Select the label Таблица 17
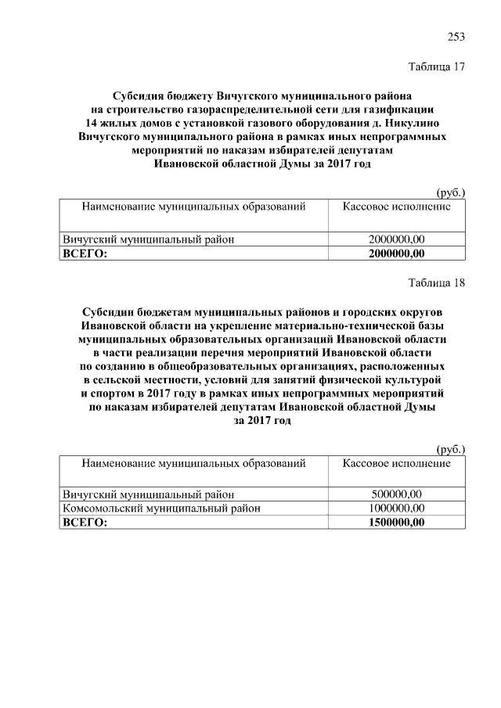coord(438,67)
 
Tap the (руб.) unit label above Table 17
coord(449,192)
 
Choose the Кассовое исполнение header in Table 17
coord(396,207)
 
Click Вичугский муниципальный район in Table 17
coord(149,239)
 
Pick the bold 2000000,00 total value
coord(396,253)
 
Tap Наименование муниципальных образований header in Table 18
coord(193,463)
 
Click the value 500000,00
coord(396,494)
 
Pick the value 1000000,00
coord(396,509)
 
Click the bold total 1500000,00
coord(396,523)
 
